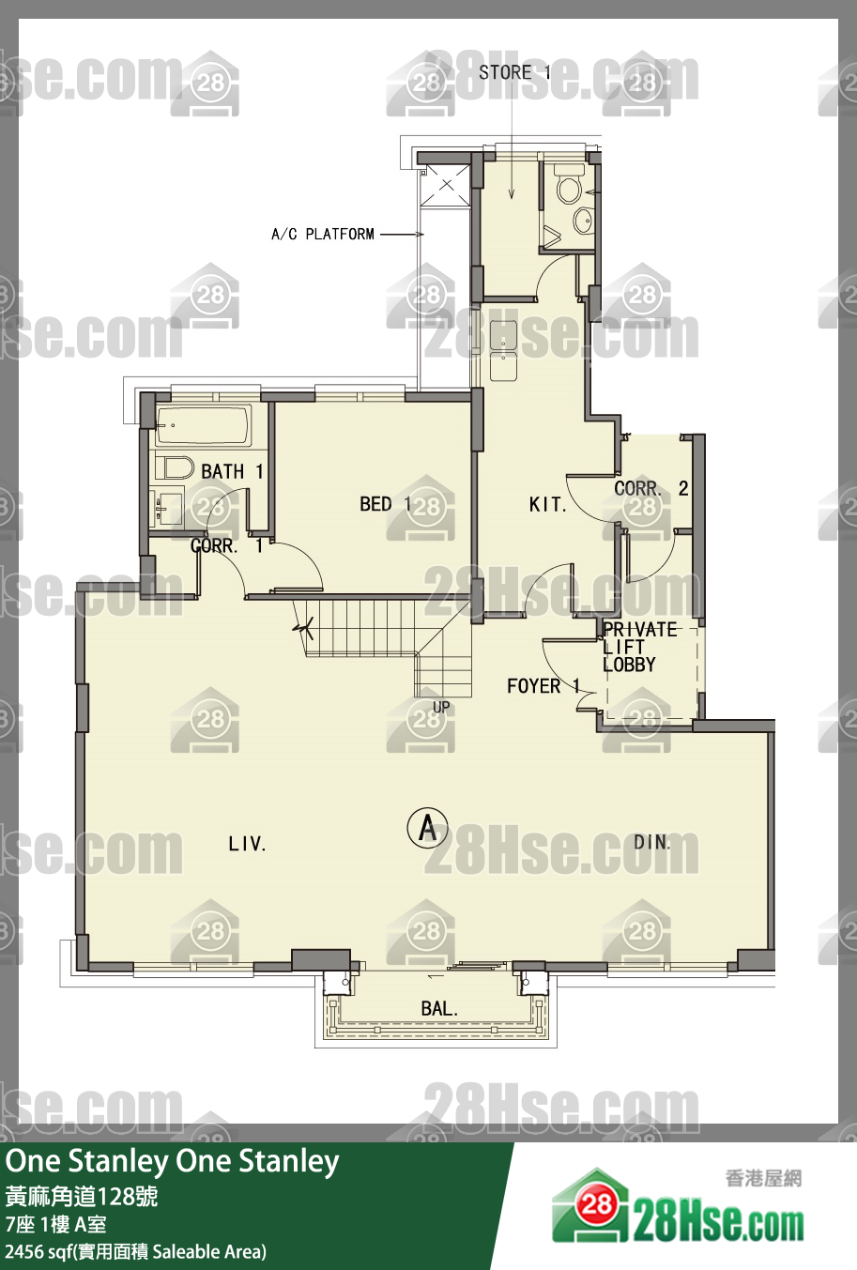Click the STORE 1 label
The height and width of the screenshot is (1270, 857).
tap(514, 72)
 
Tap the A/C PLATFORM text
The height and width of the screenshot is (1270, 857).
tap(323, 234)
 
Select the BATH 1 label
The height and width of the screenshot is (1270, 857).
tap(233, 471)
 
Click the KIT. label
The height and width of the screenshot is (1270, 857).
tap(547, 504)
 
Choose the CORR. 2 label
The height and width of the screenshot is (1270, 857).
tap(651, 488)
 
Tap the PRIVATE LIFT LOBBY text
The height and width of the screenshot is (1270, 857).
tap(639, 647)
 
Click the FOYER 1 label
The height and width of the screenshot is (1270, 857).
tap(543, 686)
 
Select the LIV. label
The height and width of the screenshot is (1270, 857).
tap(247, 844)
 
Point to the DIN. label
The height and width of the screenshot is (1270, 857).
tap(651, 843)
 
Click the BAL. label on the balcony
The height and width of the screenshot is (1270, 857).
tap(439, 1009)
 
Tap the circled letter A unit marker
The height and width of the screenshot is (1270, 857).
tap(428, 828)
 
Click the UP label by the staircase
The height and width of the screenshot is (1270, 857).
tap(441, 707)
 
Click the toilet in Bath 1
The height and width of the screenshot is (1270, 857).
tap(170, 467)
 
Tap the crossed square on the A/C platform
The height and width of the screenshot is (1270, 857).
tap(447, 185)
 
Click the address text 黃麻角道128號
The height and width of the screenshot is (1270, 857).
tap(82, 1197)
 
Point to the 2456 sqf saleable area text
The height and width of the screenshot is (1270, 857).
tap(135, 1251)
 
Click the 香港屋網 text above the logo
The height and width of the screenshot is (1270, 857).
tap(763, 1179)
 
